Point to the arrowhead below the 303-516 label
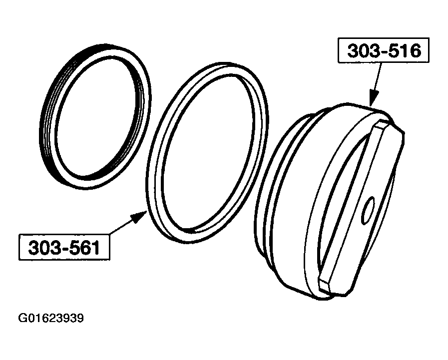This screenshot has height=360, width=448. coord(371,98)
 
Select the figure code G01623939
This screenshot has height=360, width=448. coord(51,318)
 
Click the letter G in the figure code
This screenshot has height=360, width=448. coord(21,318)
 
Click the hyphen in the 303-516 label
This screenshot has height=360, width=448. coord(384,51)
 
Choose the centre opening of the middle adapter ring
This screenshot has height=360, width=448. coord(207,150)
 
